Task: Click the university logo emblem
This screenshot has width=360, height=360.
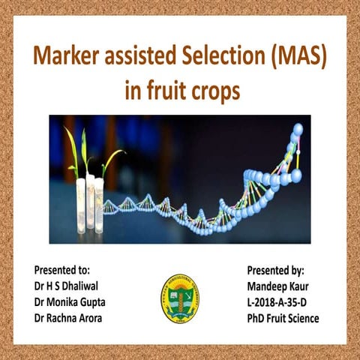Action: pyautogui.click(x=180, y=294)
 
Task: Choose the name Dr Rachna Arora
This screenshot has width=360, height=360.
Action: pyautogui.click(x=73, y=318)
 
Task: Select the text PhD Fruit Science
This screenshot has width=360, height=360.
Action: pyautogui.click(x=283, y=318)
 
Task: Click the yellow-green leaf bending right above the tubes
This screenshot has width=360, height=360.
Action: pyautogui.click(x=113, y=158)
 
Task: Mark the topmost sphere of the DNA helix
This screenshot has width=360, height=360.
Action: pyautogui.click(x=298, y=128)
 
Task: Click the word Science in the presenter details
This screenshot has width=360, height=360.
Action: pyautogui.click(x=302, y=318)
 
